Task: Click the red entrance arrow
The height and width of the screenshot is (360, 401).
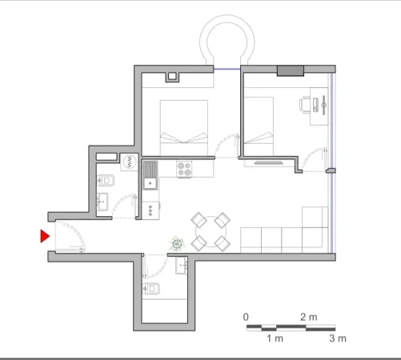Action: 46,236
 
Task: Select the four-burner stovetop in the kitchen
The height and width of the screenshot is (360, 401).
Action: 185,169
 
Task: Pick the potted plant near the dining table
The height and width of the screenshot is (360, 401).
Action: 176,243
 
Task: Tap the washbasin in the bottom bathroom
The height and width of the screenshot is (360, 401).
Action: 184,265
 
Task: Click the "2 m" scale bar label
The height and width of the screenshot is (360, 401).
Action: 308,318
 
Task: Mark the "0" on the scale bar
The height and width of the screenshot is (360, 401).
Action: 246,318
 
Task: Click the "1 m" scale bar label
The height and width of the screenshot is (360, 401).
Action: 275,338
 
